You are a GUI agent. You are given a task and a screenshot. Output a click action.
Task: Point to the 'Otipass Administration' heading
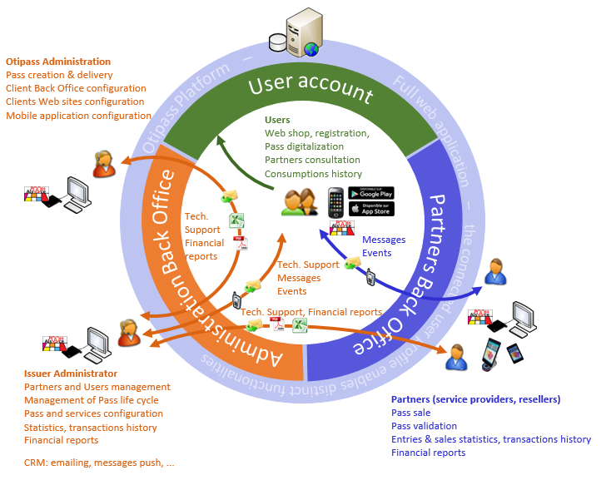(58, 62)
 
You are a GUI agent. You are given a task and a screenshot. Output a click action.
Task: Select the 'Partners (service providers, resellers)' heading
(475, 399)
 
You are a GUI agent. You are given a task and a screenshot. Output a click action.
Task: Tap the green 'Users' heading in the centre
(277, 121)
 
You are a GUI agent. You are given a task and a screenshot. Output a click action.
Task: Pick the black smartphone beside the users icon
(335, 202)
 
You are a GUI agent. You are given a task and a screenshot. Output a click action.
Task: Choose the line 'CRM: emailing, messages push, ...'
(99, 462)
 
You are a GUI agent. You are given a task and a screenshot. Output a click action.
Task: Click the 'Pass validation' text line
(424, 426)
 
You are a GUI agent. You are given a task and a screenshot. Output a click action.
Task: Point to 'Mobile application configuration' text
(78, 116)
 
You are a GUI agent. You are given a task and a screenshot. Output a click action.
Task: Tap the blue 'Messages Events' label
(384, 246)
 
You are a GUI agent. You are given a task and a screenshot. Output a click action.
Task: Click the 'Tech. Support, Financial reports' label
(311, 312)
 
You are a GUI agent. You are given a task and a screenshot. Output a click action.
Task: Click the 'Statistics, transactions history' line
(91, 427)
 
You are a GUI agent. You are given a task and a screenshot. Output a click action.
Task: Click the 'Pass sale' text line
(410, 413)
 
